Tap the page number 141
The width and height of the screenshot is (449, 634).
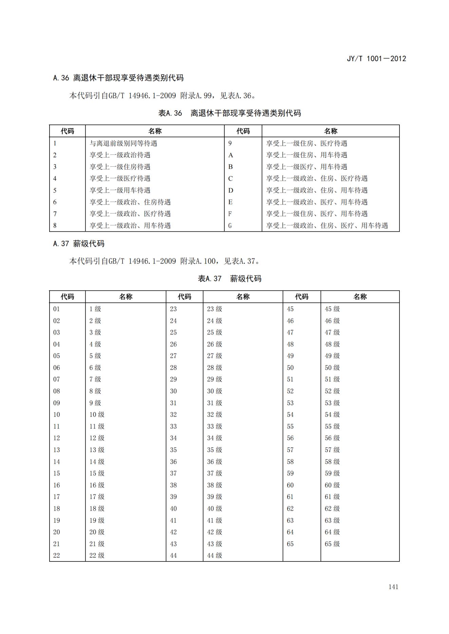click(393, 587)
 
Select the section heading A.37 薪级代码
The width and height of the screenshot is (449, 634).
click(79, 244)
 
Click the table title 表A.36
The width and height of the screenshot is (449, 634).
click(170, 113)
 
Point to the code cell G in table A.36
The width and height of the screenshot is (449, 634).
click(230, 226)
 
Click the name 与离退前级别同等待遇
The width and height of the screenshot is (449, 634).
click(123, 143)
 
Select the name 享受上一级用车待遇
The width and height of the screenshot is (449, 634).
click(120, 190)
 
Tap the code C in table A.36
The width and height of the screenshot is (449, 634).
click(230, 179)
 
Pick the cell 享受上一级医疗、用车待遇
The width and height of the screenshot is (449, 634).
click(306, 167)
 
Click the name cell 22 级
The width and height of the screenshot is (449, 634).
click(97, 555)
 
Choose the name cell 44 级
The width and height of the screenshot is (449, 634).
click(214, 555)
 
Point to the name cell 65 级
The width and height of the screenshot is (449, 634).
click(332, 544)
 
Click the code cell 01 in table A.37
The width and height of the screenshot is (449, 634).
click(57, 309)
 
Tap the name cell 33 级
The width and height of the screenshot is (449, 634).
click(214, 426)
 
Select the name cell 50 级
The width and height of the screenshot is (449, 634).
click(332, 368)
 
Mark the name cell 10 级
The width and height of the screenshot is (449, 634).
click(97, 414)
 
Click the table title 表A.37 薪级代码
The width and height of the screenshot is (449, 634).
click(229, 279)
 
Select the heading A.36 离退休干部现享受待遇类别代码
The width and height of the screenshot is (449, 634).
click(118, 78)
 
